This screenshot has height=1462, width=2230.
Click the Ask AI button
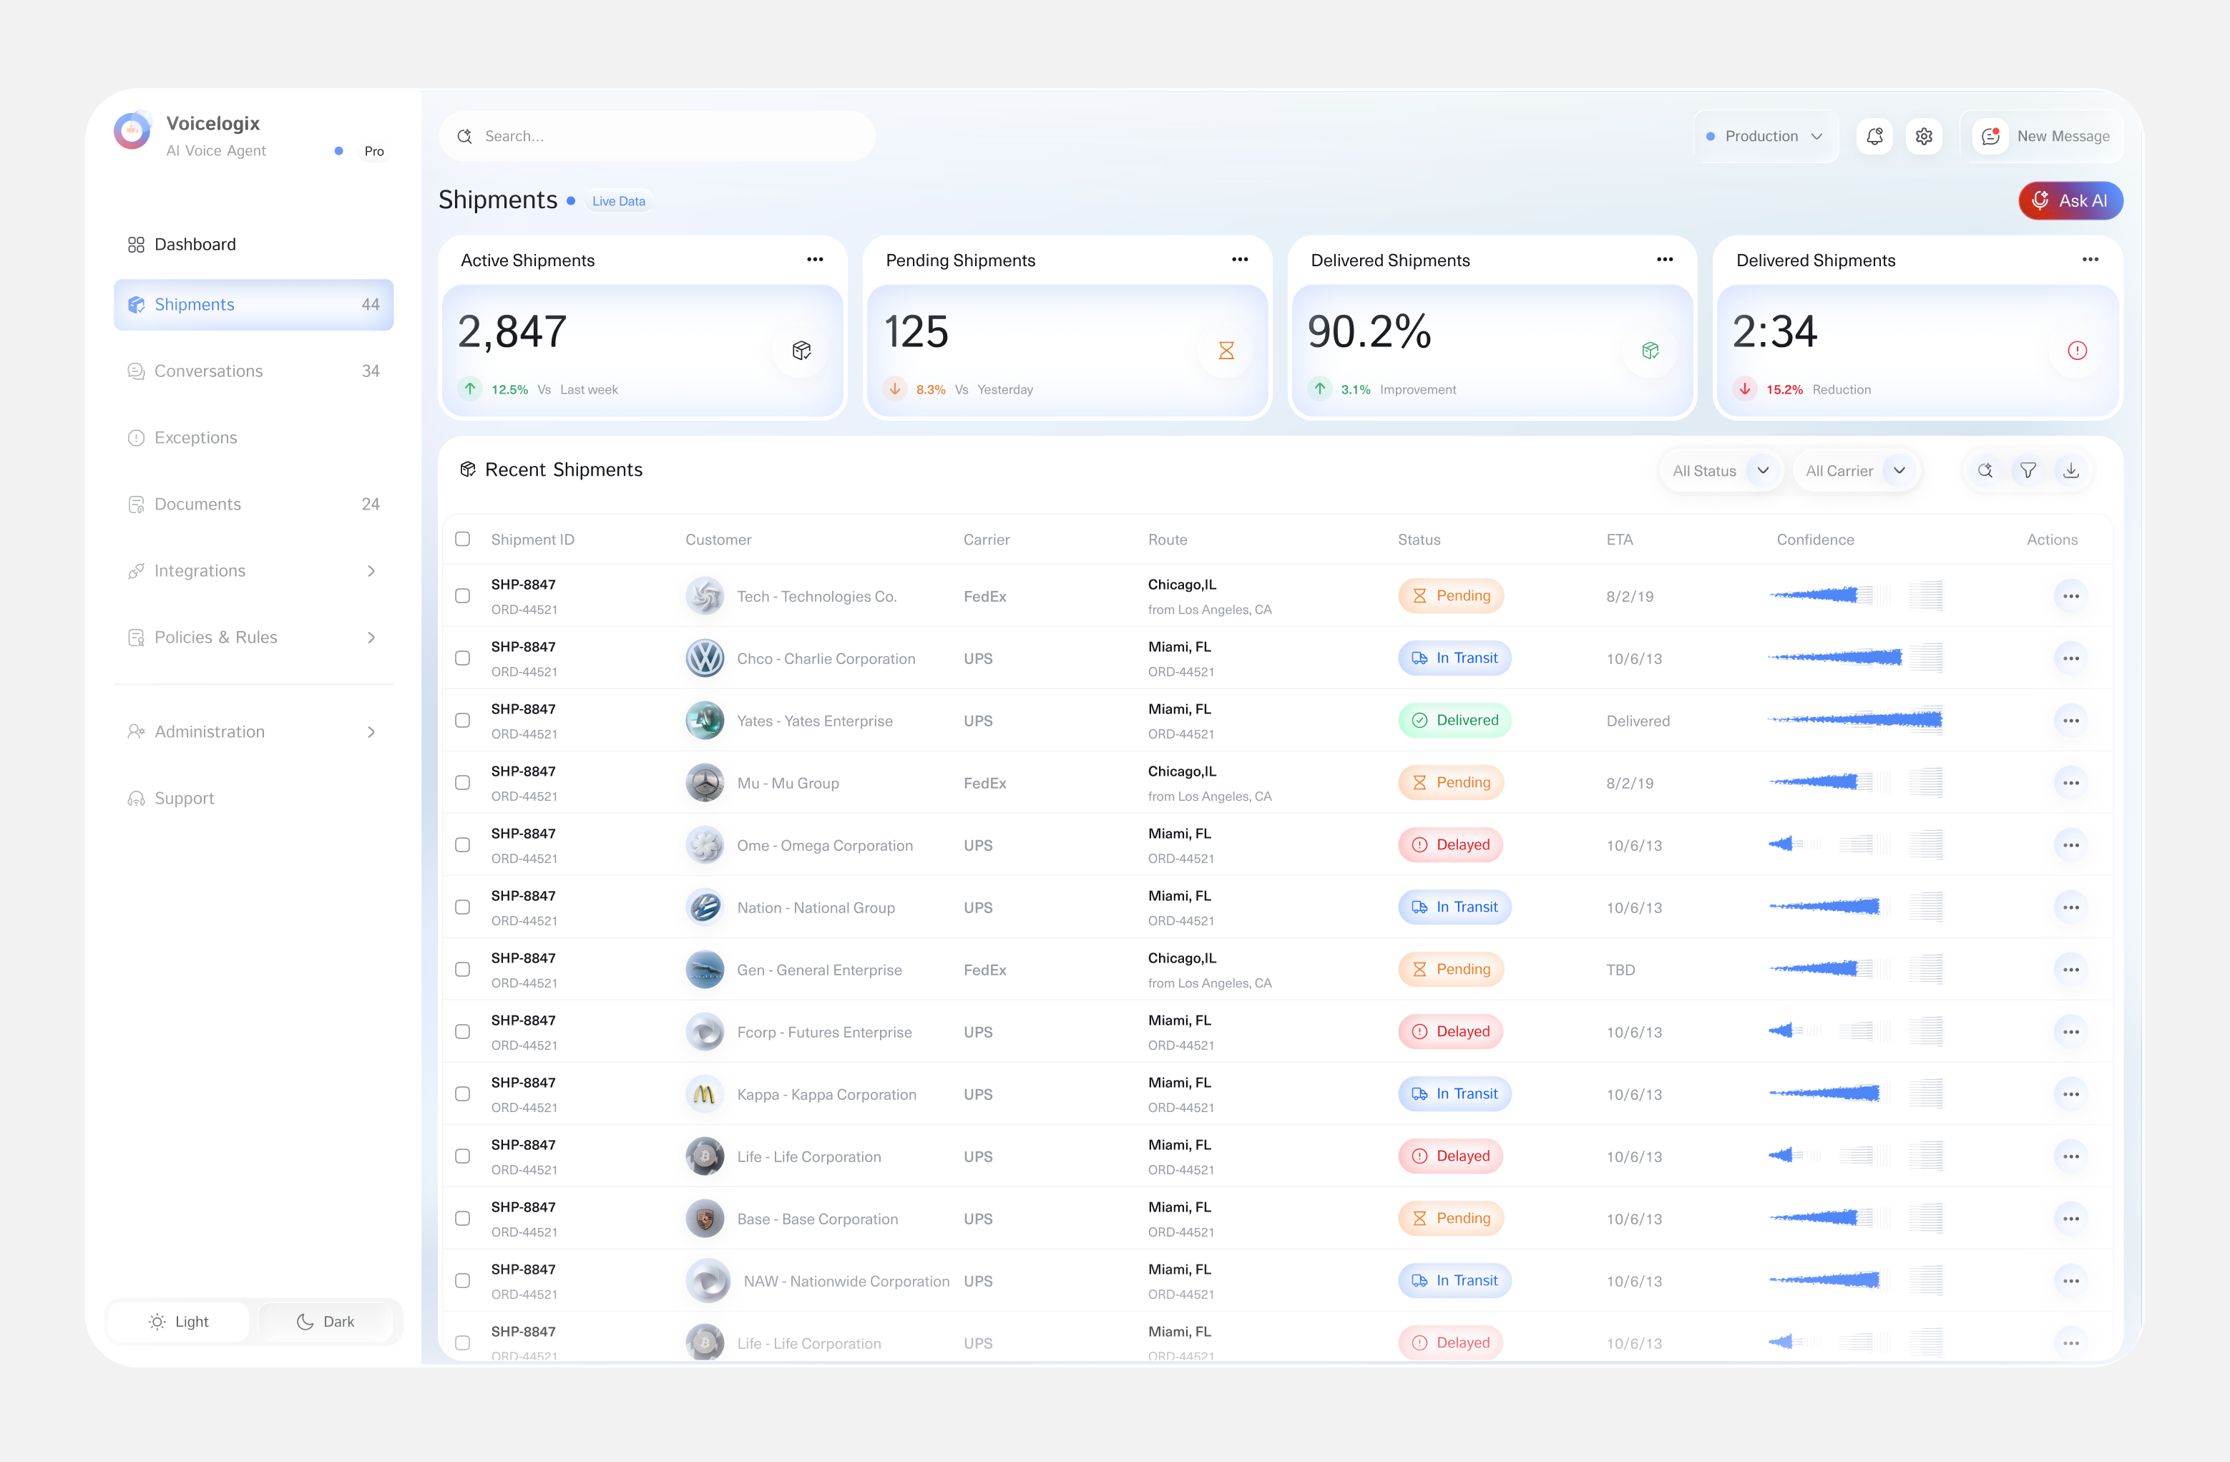click(2070, 200)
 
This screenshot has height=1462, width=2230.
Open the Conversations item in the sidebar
click(208, 371)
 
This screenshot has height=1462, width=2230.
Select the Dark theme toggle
click(326, 1322)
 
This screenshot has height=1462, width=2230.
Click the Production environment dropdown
click(1764, 136)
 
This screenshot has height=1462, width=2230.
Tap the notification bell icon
click(1874, 136)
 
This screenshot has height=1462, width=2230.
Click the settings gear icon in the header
click(1924, 136)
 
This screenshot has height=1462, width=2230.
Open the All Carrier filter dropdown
click(1855, 470)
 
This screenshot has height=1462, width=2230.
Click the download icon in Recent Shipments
click(2070, 470)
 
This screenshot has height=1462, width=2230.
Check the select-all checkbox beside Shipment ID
click(463, 539)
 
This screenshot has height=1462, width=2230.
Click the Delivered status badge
click(1454, 720)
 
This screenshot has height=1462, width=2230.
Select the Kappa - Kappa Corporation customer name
click(826, 1095)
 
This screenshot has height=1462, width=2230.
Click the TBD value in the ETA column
click(1620, 970)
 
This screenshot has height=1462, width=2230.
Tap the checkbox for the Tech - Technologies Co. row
click(463, 596)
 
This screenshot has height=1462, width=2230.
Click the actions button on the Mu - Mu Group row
click(2070, 783)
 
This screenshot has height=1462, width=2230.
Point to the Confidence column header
click(1815, 540)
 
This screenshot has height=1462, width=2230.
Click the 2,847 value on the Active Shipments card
click(512, 332)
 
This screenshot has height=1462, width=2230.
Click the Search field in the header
click(656, 136)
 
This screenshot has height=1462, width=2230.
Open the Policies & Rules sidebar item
click(215, 638)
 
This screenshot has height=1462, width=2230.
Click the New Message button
click(2042, 136)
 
